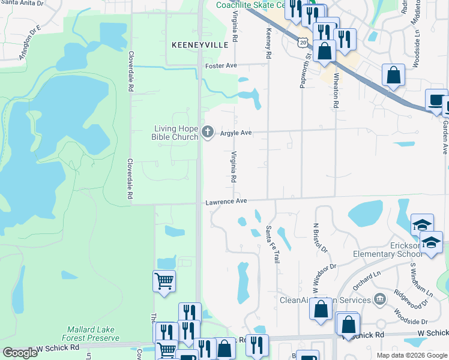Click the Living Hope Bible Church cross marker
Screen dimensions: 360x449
pos(208,132)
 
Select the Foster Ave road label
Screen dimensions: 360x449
pos(221,66)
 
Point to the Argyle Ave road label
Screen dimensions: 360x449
pos(235,133)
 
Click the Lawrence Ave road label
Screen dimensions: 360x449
pos(226,202)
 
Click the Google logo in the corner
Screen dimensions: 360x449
pos(20,353)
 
